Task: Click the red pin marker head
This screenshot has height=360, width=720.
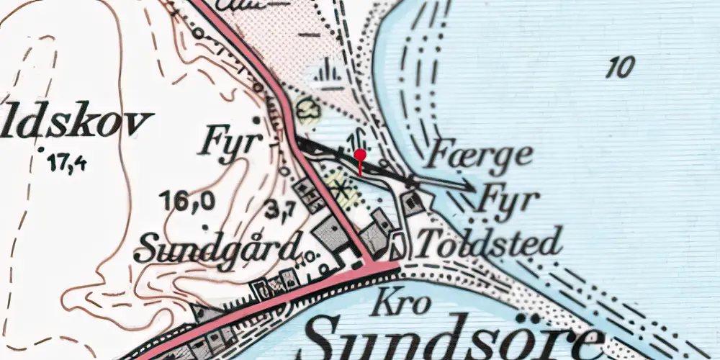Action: (361, 154)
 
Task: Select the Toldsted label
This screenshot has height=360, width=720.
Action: (489, 243)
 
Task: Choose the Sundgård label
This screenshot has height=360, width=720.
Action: (216, 248)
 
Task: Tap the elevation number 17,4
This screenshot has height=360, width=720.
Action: (68, 163)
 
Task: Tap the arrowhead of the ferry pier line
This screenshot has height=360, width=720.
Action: (470, 188)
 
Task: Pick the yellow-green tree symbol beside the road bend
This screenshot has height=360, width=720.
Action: (309, 110)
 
